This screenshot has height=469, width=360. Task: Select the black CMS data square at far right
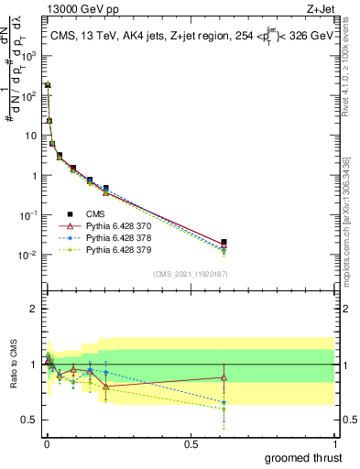coord(224,242)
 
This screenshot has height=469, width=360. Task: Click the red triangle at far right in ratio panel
coord(224,376)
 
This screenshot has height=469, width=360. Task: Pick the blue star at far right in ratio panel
coord(224,401)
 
